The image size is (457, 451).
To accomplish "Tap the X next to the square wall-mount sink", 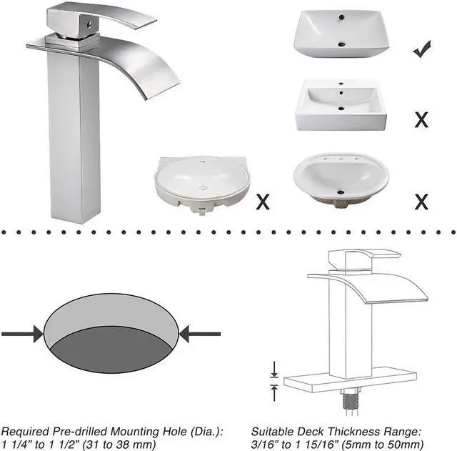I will (x=421, y=119).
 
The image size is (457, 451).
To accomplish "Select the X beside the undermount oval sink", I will (x=263, y=202).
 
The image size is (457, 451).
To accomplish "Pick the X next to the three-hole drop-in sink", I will (x=421, y=202).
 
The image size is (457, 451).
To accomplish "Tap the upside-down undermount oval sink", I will (x=201, y=182).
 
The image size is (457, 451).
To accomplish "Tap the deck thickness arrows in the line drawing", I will (x=273, y=380).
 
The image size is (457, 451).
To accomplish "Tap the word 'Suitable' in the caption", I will (x=272, y=432).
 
